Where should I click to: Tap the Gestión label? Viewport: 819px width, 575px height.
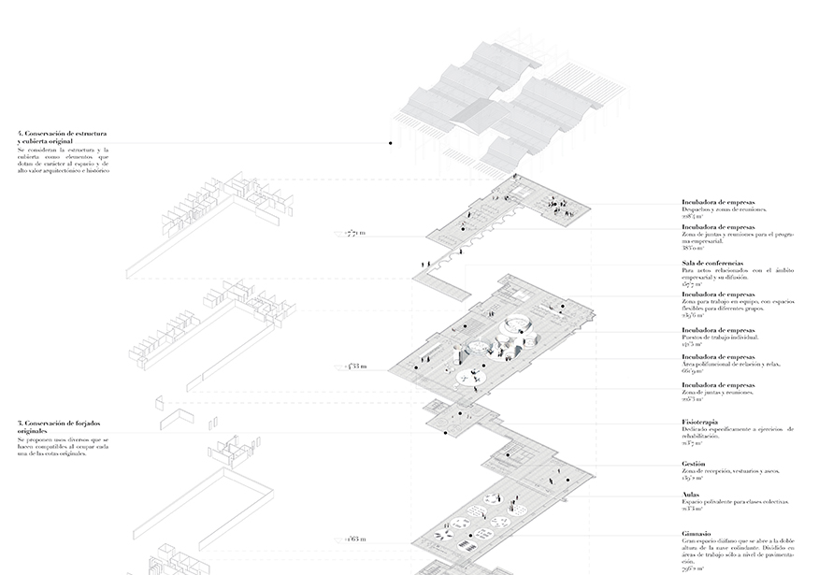click(695, 464)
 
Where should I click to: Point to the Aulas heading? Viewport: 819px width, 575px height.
click(693, 495)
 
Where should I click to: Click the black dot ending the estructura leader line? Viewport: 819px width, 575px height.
click(390, 143)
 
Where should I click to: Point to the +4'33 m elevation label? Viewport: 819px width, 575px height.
click(356, 367)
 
